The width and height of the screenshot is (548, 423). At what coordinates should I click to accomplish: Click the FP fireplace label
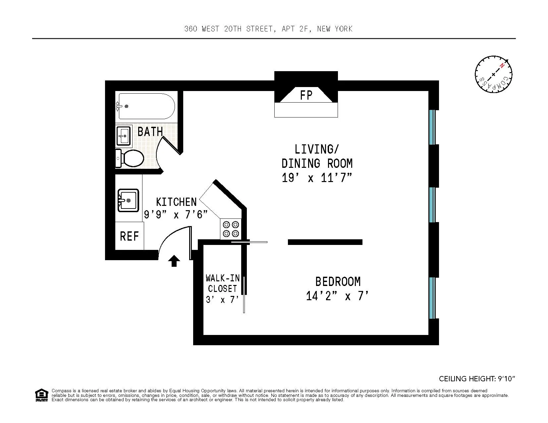click(306, 96)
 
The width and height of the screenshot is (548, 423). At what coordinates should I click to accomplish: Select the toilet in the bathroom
click(131, 158)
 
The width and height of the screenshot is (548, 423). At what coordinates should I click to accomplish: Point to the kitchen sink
click(128, 200)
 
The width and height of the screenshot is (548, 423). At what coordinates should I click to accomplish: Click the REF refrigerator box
click(129, 236)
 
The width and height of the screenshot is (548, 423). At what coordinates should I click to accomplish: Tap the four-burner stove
click(231, 229)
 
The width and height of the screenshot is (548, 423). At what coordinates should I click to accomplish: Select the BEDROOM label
click(337, 282)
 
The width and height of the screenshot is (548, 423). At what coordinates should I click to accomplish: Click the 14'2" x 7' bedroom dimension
click(337, 296)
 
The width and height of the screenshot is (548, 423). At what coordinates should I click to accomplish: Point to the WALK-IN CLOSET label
click(222, 283)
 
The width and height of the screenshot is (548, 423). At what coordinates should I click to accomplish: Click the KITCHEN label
click(176, 202)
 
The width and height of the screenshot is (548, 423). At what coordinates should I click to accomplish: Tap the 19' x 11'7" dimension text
click(316, 178)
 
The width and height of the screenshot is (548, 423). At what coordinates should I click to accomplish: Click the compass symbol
click(493, 74)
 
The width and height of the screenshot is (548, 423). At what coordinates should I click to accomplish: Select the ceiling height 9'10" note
click(477, 379)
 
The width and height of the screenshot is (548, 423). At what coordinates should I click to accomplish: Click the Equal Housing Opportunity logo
click(41, 395)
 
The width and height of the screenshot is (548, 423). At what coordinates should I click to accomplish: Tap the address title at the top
click(268, 29)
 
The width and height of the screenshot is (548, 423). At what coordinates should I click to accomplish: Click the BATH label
click(150, 132)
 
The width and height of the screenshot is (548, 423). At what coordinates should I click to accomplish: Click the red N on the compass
click(503, 66)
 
